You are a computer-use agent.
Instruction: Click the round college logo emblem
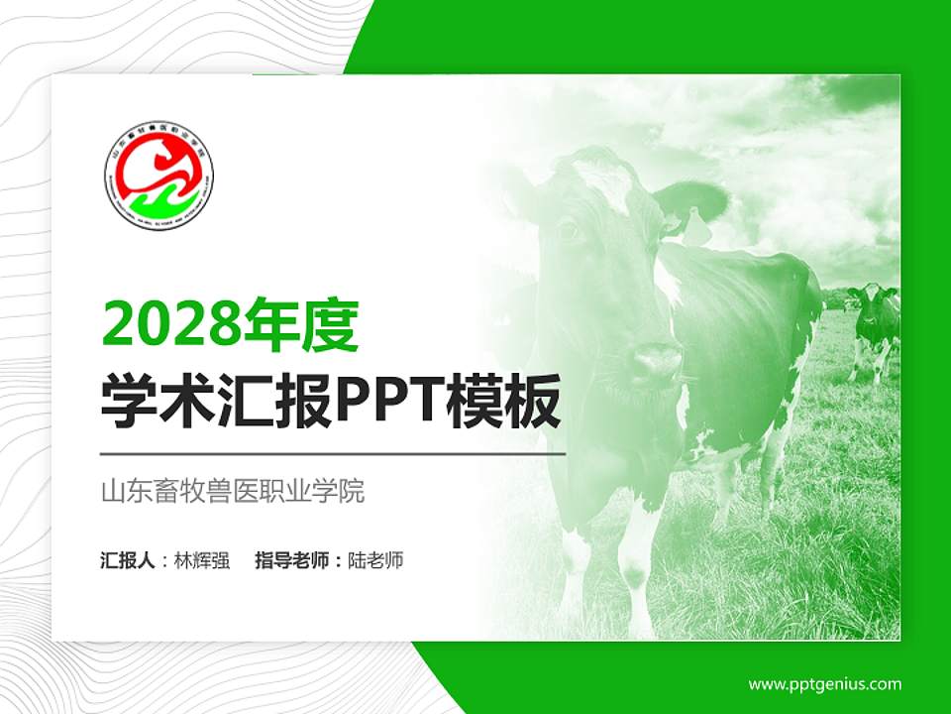point(158,176)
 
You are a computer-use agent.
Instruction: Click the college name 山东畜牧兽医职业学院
point(233,491)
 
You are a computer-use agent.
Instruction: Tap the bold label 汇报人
point(128,560)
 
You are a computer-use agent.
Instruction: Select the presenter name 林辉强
point(202,560)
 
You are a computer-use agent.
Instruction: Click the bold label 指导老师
point(291,560)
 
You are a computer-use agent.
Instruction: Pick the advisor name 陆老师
point(375,560)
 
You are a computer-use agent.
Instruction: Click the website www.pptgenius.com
point(824,683)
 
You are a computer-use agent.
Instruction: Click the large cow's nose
point(655,361)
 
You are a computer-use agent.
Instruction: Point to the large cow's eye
point(569,230)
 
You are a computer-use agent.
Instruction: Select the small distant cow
point(875,322)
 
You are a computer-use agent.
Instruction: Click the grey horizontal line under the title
point(333,453)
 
